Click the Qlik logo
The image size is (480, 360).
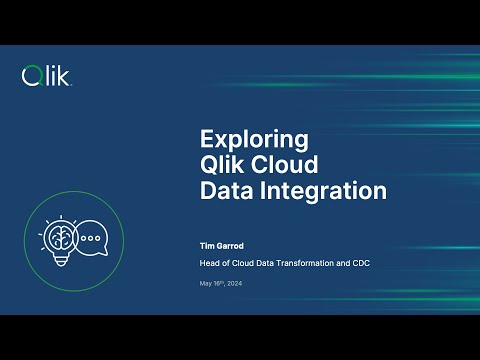46,75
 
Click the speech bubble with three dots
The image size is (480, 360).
91,240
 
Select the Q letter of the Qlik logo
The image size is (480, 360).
31,75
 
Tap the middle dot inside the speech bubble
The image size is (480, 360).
91,240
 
